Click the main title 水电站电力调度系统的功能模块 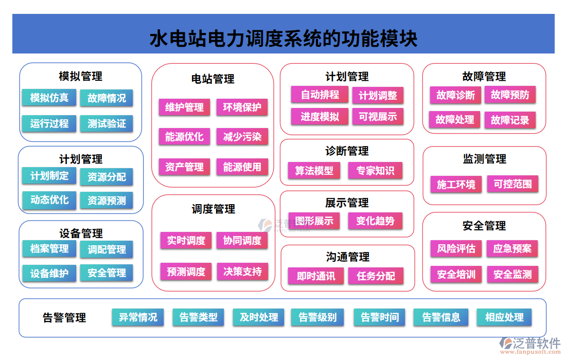[284, 39]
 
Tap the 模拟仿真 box [49, 97]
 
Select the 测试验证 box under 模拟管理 [107, 123]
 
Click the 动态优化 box [49, 200]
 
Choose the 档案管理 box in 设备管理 [49, 249]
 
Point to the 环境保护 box [242, 107]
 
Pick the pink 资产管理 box [184, 167]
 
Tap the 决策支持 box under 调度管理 [242, 272]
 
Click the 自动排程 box [320, 95]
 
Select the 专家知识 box [375, 171]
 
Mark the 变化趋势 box [375, 221]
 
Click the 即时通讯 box [316, 276]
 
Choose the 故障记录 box [510, 120]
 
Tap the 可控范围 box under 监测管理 [512, 184]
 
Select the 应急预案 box [512, 249]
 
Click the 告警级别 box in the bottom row [317, 317]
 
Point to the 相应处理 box [504, 317]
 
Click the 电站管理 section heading [213, 79]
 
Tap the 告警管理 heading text [64, 318]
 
